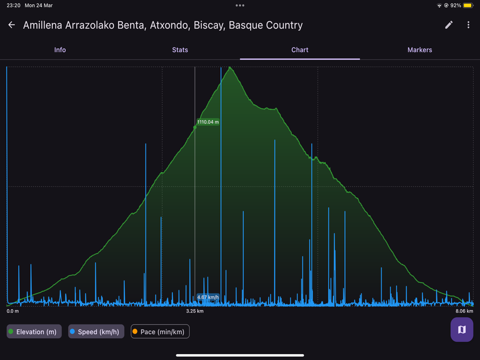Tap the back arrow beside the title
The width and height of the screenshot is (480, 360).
(12, 25)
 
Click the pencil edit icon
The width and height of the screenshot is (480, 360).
(449, 25)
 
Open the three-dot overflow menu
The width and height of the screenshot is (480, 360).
(468, 25)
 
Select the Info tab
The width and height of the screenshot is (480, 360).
(60, 50)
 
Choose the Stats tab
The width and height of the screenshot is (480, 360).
(180, 50)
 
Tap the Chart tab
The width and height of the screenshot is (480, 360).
(300, 50)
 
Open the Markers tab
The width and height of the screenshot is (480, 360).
(420, 50)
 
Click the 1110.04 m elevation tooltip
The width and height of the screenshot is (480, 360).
(208, 122)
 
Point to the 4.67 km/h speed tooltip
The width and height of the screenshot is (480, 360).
(208, 297)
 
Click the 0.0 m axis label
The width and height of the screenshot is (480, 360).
(13, 311)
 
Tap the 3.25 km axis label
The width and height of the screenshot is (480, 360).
(195, 311)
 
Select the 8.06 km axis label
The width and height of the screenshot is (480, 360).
(464, 311)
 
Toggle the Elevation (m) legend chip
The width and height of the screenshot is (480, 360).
(34, 332)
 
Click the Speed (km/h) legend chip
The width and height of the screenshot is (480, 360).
(96, 332)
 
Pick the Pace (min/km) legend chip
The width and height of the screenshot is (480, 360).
(160, 332)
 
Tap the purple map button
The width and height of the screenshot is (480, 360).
(462, 330)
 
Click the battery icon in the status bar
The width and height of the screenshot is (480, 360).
(468, 6)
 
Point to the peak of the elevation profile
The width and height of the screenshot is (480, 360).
(231, 67)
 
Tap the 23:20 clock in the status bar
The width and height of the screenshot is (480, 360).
(13, 6)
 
